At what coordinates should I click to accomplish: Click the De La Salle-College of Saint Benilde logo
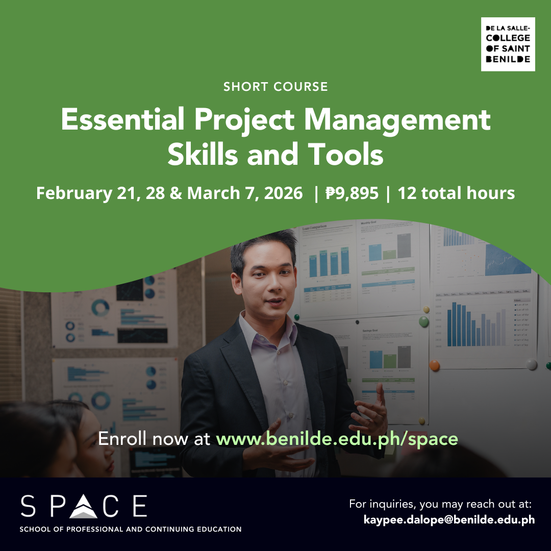click(508, 44)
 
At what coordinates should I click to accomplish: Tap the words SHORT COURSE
click(275, 86)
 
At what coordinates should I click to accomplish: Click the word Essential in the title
click(122, 119)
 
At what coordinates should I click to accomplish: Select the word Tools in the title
click(345, 154)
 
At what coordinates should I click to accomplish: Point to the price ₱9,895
click(352, 193)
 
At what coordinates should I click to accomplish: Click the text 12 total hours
click(456, 193)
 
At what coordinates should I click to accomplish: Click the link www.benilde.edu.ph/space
click(337, 439)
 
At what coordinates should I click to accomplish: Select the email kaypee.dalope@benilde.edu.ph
click(449, 520)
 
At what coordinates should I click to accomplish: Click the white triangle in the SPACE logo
click(83, 507)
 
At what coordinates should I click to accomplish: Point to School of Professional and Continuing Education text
click(131, 529)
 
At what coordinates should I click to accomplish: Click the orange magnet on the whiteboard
click(434, 365)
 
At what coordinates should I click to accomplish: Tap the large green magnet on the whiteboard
click(424, 321)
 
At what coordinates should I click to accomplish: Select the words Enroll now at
click(154, 439)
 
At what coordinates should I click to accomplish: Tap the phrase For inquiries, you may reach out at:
click(440, 504)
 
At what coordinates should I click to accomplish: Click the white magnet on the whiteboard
click(531, 365)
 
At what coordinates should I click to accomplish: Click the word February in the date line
click(74, 193)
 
